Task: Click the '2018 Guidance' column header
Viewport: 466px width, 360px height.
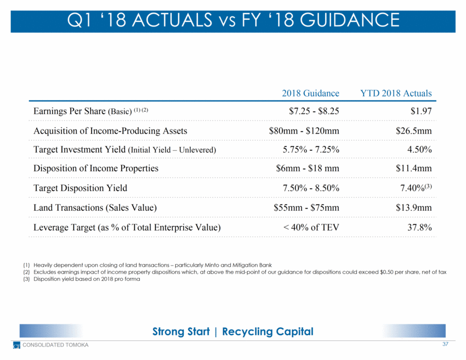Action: (311, 93)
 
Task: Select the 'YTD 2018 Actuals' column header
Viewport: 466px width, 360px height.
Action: (396, 93)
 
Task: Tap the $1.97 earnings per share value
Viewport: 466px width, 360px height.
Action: (420, 112)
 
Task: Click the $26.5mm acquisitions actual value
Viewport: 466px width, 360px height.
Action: (413, 131)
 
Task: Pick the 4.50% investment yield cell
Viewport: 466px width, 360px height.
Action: (417, 150)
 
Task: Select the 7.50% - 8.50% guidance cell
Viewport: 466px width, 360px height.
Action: (310, 188)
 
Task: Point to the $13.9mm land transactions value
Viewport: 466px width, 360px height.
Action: (413, 207)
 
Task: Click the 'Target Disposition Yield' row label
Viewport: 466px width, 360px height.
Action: (80, 188)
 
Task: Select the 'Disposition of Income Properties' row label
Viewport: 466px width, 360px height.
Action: (96, 169)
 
